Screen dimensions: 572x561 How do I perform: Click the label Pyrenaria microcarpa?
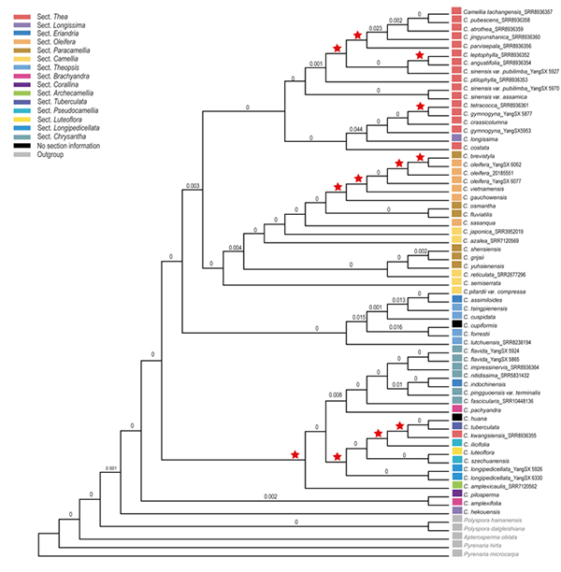pos(489,555)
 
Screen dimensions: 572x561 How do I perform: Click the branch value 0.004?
pos(235,248)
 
